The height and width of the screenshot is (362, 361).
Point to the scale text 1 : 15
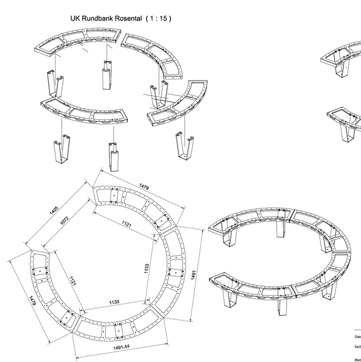click(158, 18)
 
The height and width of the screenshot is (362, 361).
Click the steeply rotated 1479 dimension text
click(33, 308)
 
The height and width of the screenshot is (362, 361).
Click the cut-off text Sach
click(358, 346)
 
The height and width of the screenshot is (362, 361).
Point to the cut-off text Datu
click(358, 336)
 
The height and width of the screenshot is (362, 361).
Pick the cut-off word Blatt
click(358, 359)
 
